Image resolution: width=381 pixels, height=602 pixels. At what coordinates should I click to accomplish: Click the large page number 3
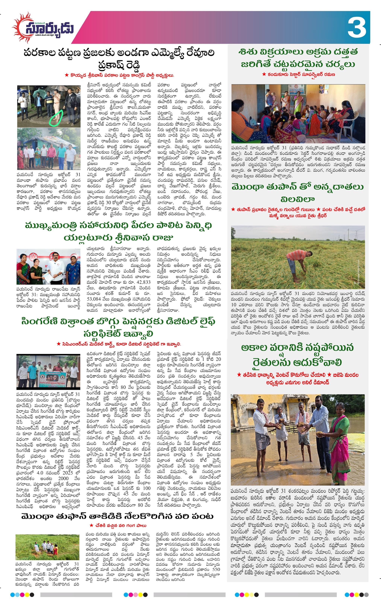coord(357,28)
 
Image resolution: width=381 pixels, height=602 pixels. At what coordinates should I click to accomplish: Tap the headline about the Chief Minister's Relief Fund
coord(119,231)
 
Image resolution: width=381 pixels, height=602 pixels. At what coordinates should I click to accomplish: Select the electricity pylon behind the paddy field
coord(348,235)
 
